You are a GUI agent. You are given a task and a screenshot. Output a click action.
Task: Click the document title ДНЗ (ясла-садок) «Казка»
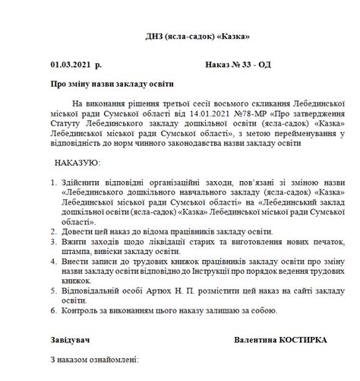197,37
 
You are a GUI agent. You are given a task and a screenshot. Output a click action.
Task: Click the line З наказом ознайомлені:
93,359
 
